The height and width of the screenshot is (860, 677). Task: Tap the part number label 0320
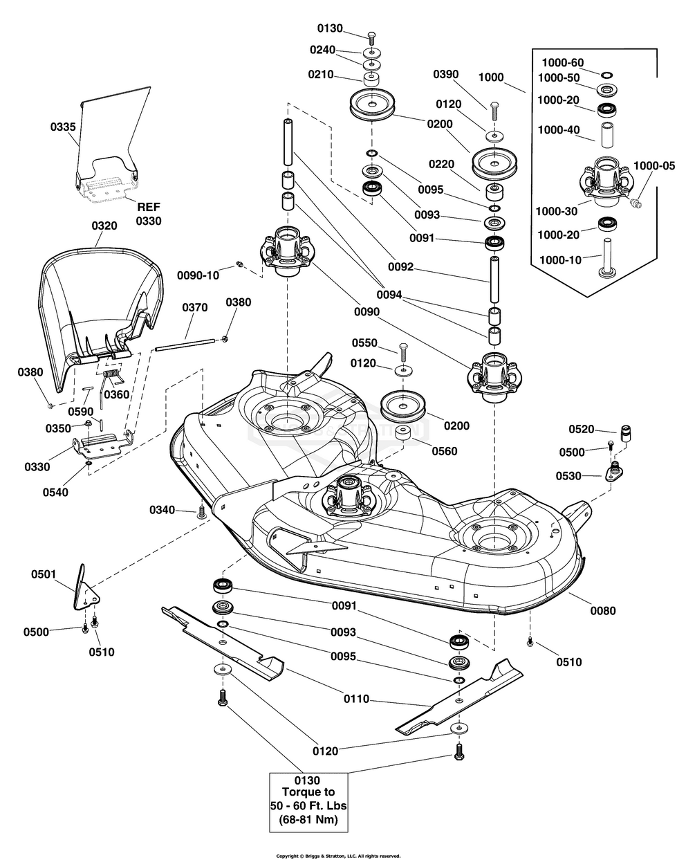pyautogui.click(x=103, y=226)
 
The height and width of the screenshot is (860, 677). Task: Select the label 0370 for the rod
pyautogui.click(x=196, y=307)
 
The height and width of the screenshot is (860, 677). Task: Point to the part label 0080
pyautogui.click(x=602, y=611)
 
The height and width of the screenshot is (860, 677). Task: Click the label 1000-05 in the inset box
pyautogui.click(x=653, y=166)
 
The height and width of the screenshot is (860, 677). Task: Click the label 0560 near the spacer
pyautogui.click(x=443, y=451)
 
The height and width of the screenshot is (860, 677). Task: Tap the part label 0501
pyautogui.click(x=44, y=574)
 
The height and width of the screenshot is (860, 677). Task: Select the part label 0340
pyautogui.click(x=163, y=510)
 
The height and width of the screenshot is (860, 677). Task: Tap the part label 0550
pyautogui.click(x=365, y=343)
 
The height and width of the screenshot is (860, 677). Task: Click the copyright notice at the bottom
pyautogui.click(x=338, y=856)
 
